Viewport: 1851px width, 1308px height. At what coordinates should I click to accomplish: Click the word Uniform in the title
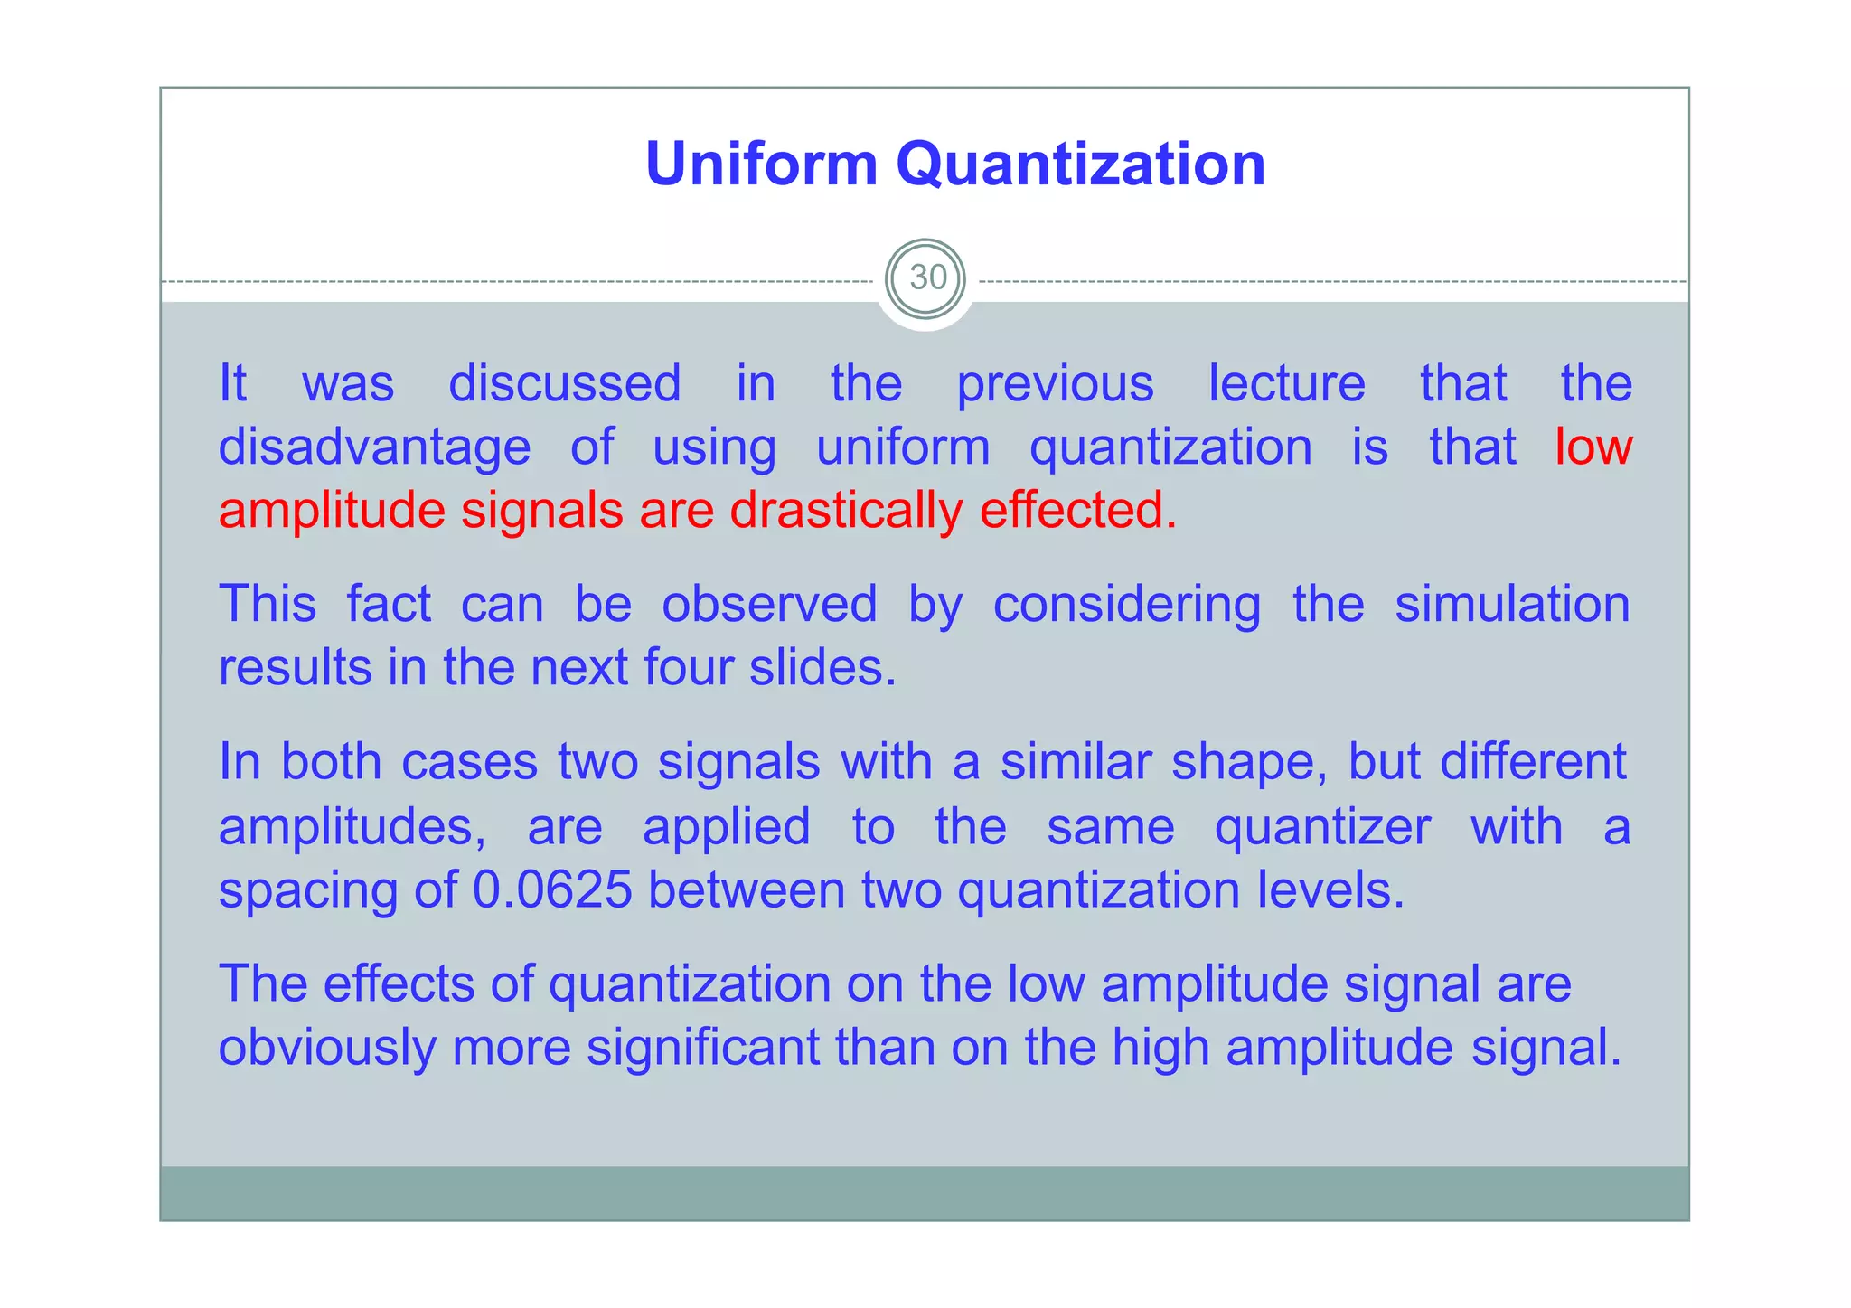point(761,165)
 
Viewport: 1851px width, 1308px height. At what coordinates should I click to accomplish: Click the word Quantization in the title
point(1080,166)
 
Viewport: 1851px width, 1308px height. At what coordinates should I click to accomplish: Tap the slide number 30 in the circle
point(927,278)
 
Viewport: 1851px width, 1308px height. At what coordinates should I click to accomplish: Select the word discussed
point(565,383)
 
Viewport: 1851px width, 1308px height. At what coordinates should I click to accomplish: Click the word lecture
point(1286,383)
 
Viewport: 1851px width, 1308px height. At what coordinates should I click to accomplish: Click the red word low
point(1593,447)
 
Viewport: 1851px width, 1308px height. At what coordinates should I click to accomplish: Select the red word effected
point(1077,510)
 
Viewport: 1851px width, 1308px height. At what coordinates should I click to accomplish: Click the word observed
point(769,604)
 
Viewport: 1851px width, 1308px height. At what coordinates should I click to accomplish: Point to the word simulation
point(1511,604)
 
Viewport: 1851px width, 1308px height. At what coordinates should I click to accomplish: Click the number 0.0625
point(551,890)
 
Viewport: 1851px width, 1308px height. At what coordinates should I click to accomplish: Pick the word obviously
point(326,1049)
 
